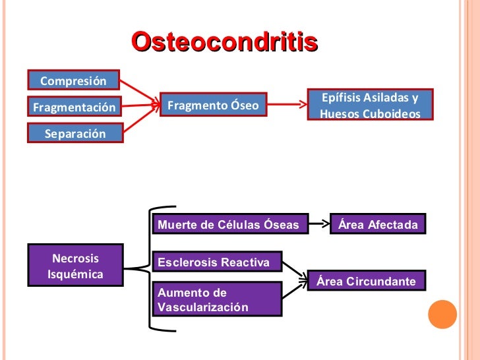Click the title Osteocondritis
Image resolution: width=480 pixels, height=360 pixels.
(224, 42)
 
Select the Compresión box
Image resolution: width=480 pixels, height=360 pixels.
(73, 81)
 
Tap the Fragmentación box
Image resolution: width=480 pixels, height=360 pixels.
(74, 107)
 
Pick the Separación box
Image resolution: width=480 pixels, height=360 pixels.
(75, 133)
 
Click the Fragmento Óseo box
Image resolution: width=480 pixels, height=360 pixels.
(213, 105)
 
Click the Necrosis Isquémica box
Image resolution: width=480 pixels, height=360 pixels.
(75, 266)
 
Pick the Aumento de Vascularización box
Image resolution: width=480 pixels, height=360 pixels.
(217, 299)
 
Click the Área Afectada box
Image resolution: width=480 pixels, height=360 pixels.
(378, 225)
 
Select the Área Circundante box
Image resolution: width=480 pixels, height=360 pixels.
(367, 282)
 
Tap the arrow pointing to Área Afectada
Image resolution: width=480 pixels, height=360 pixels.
(319, 224)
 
